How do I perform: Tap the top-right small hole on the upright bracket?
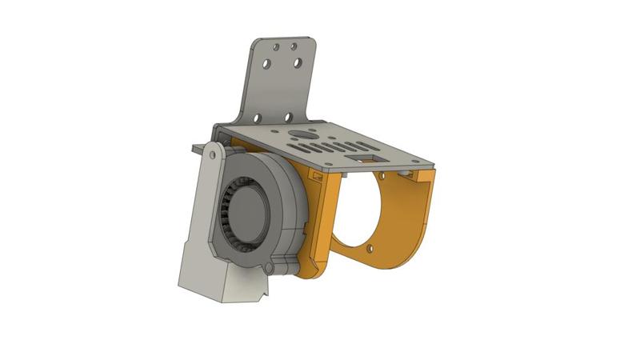pos(294,46)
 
